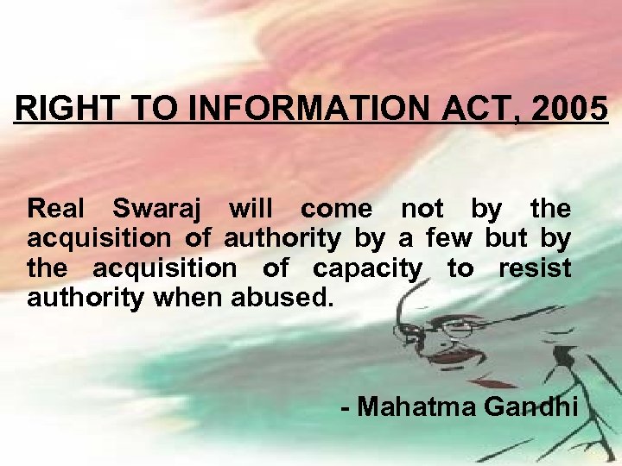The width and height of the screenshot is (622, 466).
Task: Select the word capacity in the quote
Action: (366, 269)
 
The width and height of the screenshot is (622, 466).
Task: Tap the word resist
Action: (535, 268)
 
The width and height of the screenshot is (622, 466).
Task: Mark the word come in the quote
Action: (337, 210)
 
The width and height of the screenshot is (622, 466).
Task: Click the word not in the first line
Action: (422, 210)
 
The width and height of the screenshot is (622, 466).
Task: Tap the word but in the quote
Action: (506, 239)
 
